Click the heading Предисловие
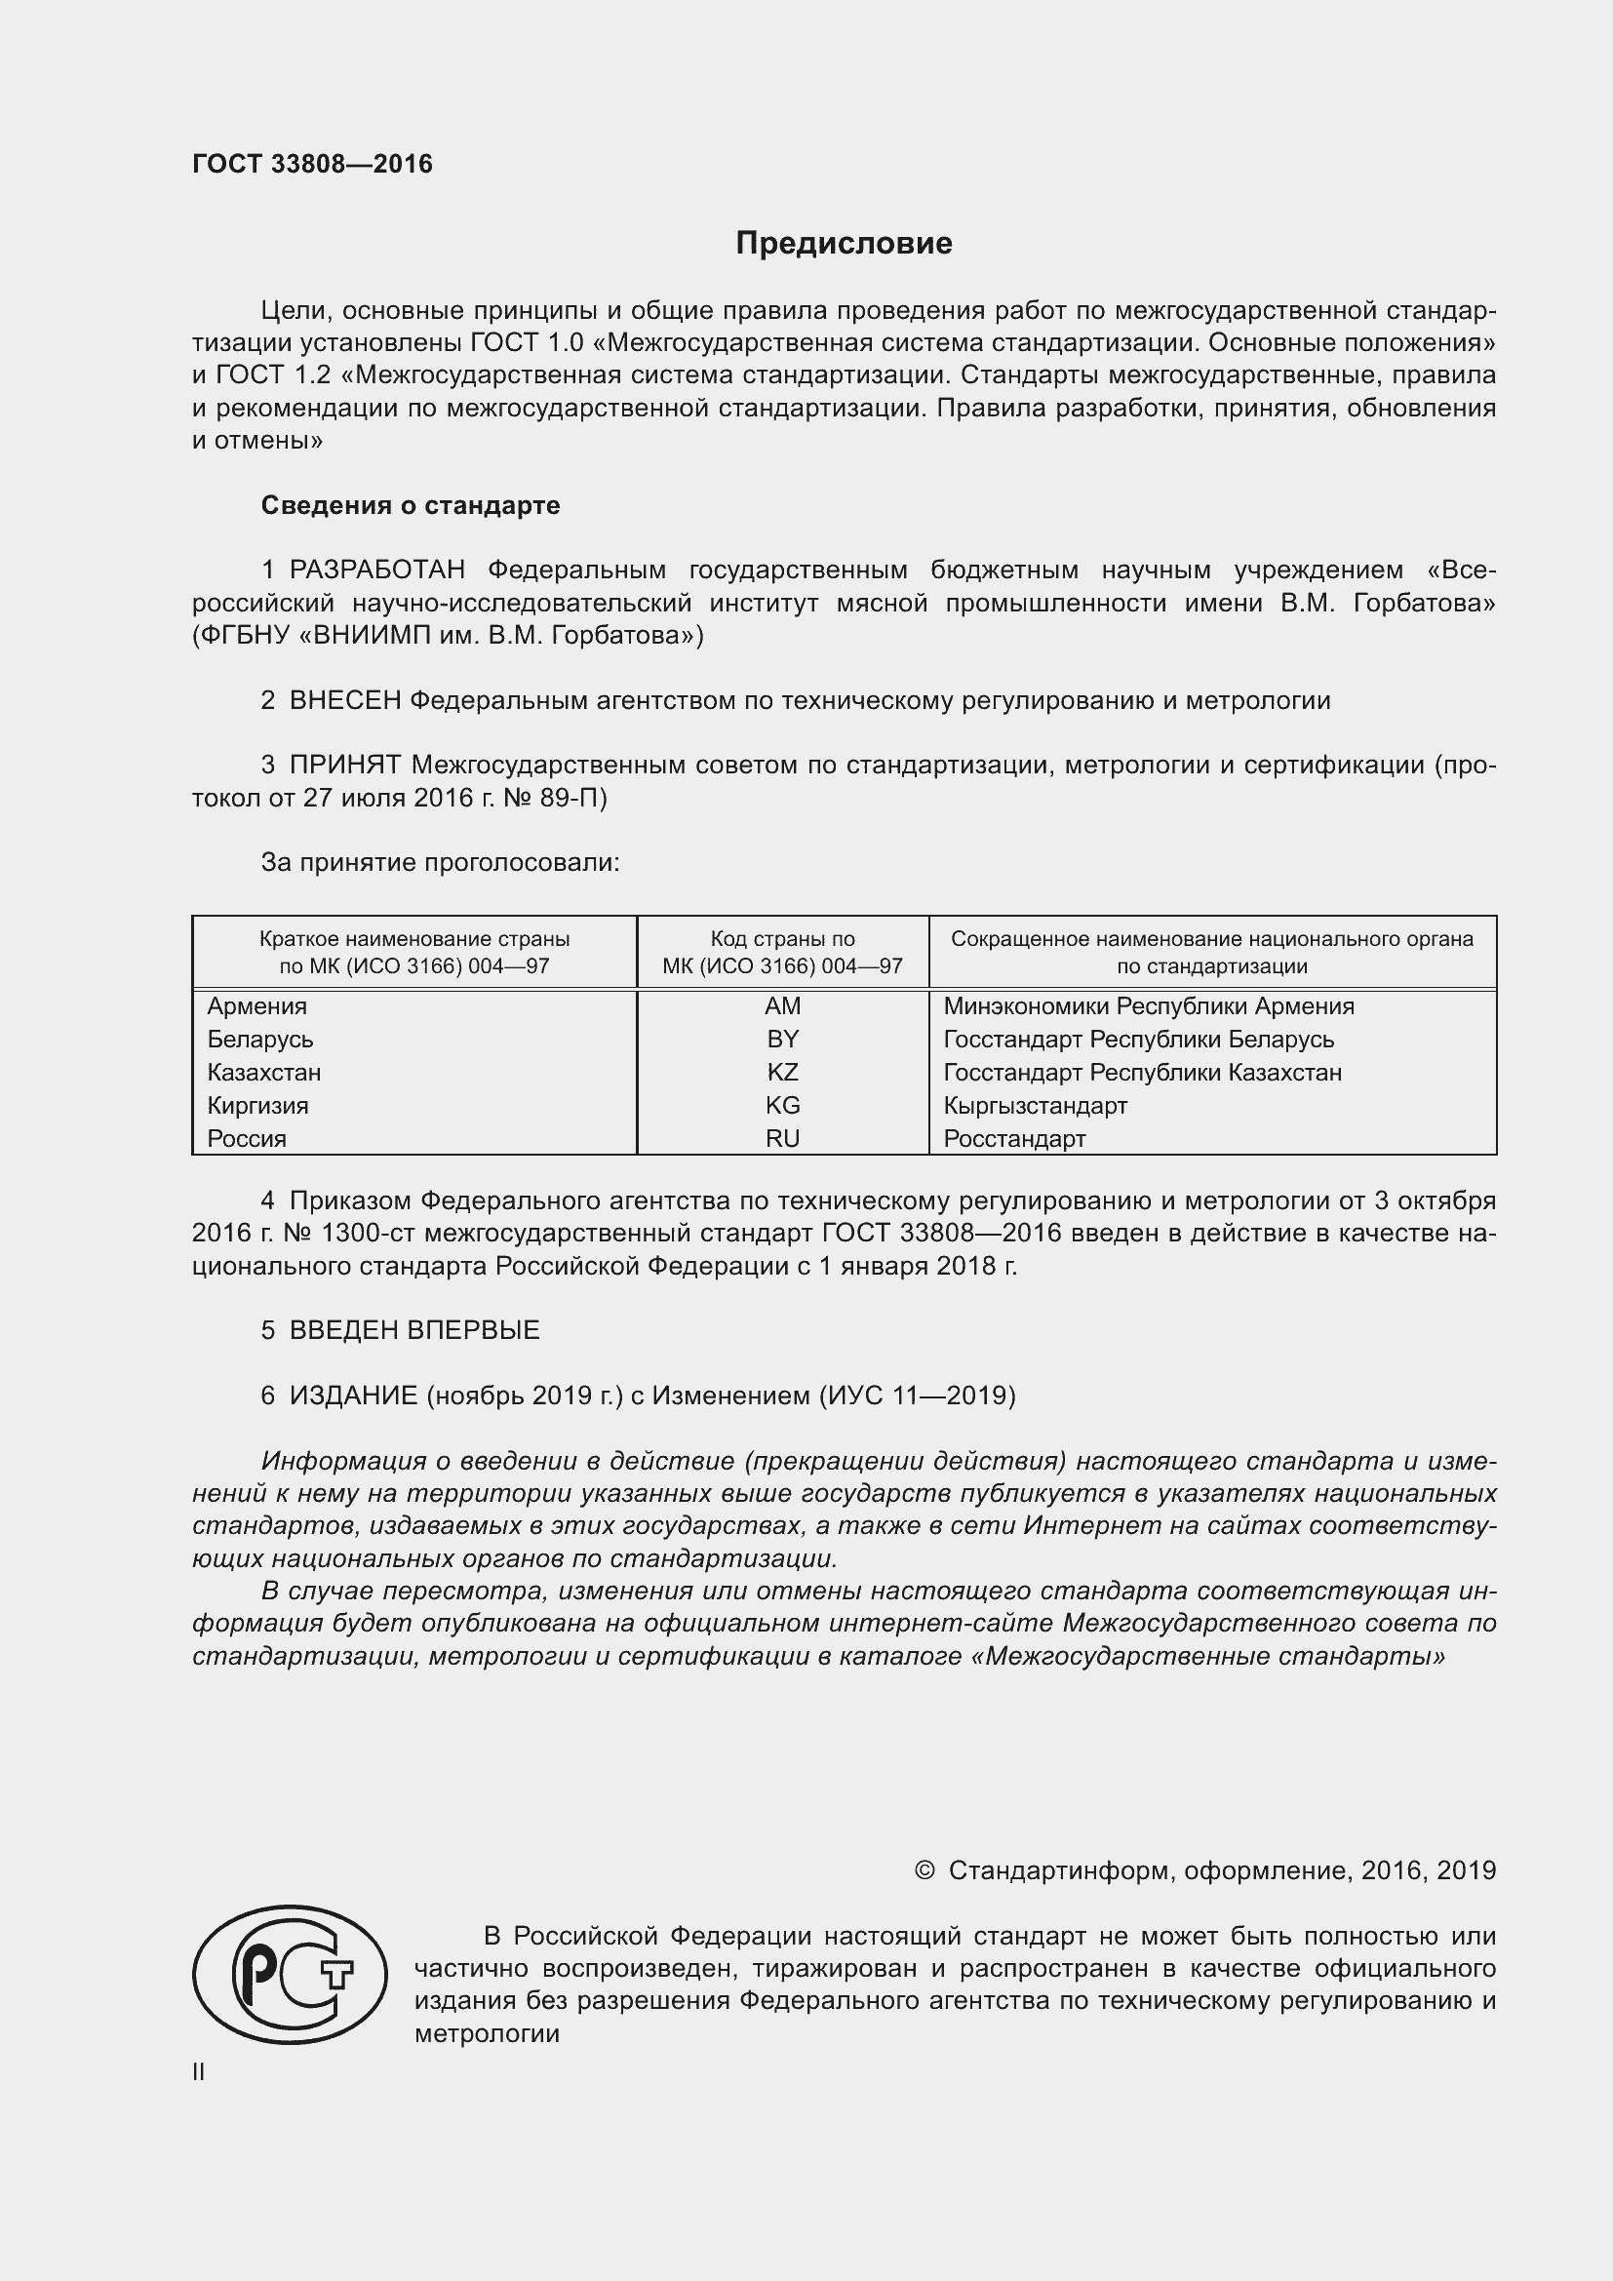coord(844,244)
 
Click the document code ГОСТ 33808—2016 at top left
coord(312,164)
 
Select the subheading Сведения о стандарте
coord(411,506)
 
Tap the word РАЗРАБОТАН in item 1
coord(377,570)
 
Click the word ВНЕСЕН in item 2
coord(344,700)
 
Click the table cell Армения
coord(257,1006)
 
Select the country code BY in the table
coord(783,1040)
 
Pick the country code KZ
coord(783,1073)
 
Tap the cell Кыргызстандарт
coord(1035,1106)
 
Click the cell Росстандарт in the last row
coord(1014,1139)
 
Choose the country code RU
coord(783,1139)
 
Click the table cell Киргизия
coord(258,1106)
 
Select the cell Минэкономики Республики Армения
coord(1148,1006)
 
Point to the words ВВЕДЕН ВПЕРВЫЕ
coord(414,1330)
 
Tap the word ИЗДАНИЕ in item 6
coord(353,1396)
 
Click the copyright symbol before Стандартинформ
coord(924,1870)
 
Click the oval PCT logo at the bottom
coord(289,1974)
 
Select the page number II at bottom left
coord(199,2071)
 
